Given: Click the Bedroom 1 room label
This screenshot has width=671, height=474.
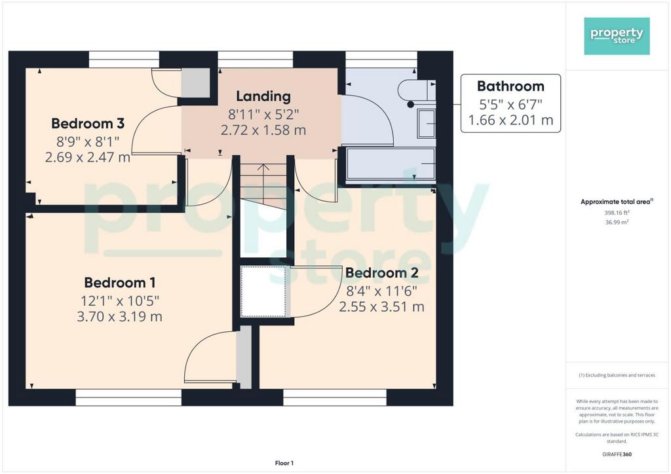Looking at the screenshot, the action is point(120,283).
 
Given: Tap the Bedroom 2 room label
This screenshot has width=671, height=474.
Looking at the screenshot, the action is point(382,273).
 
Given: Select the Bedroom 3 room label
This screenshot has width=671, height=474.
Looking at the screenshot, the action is point(88,123).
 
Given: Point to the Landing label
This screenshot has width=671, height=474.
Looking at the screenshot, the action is point(263,96).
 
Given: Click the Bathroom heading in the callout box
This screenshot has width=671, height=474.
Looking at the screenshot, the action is point(510,86).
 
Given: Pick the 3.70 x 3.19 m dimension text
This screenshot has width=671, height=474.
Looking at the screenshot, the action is point(119,317).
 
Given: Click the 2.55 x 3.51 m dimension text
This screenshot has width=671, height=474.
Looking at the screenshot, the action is point(382,307).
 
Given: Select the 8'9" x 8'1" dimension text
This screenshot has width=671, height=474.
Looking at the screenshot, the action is point(88,141).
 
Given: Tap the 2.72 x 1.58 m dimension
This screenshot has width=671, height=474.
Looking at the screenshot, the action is point(263,130).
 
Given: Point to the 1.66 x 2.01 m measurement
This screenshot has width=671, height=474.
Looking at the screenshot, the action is point(510,120).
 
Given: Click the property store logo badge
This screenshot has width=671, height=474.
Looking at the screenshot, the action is point(617,36).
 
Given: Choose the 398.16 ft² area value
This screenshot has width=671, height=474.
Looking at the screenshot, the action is point(617,212).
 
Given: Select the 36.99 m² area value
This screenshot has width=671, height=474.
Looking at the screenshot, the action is point(617,222).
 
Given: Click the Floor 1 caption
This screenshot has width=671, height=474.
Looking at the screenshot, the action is point(284,463).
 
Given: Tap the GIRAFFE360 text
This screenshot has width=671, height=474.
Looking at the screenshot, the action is point(617,454).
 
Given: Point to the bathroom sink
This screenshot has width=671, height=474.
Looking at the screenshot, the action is point(427,124).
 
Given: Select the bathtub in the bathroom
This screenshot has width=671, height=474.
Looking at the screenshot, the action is point(391,163).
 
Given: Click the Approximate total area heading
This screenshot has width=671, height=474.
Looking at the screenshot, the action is point(617,202).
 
